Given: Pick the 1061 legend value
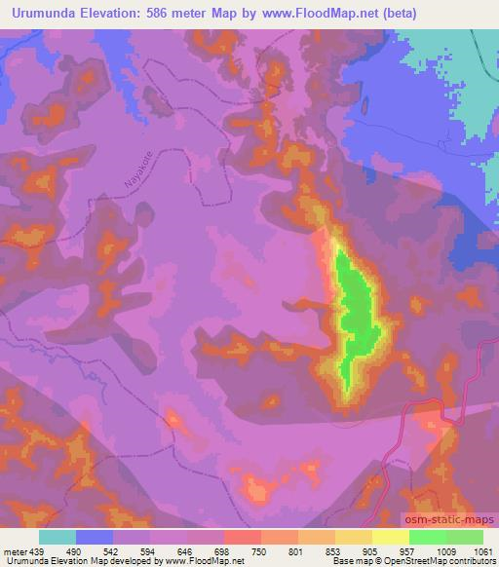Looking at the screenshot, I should coord(482,551).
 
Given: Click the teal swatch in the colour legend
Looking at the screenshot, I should coord(58,537).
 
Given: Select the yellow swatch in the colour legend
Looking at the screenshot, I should coord(390,537).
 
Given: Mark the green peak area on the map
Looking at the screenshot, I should coord(353,302).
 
